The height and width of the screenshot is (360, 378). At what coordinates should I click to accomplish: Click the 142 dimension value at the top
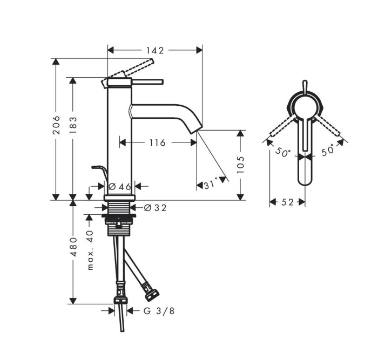tap(155, 50)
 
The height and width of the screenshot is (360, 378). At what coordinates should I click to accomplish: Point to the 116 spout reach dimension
tap(157, 143)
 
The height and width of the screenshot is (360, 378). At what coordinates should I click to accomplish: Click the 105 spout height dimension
tap(241, 165)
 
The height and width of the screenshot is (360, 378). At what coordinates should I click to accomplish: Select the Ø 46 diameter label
tap(120, 186)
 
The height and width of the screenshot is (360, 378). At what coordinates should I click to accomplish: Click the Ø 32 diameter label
tap(156, 207)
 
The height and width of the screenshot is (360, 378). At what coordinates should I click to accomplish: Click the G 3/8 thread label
tap(159, 310)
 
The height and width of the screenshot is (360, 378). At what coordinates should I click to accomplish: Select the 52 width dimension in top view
tap(287, 202)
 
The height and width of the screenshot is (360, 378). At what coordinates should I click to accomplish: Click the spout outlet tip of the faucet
tap(198, 130)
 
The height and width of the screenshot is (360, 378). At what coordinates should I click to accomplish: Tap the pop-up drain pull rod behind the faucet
tap(99, 170)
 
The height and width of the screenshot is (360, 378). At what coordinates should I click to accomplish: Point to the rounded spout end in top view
tap(306, 178)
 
